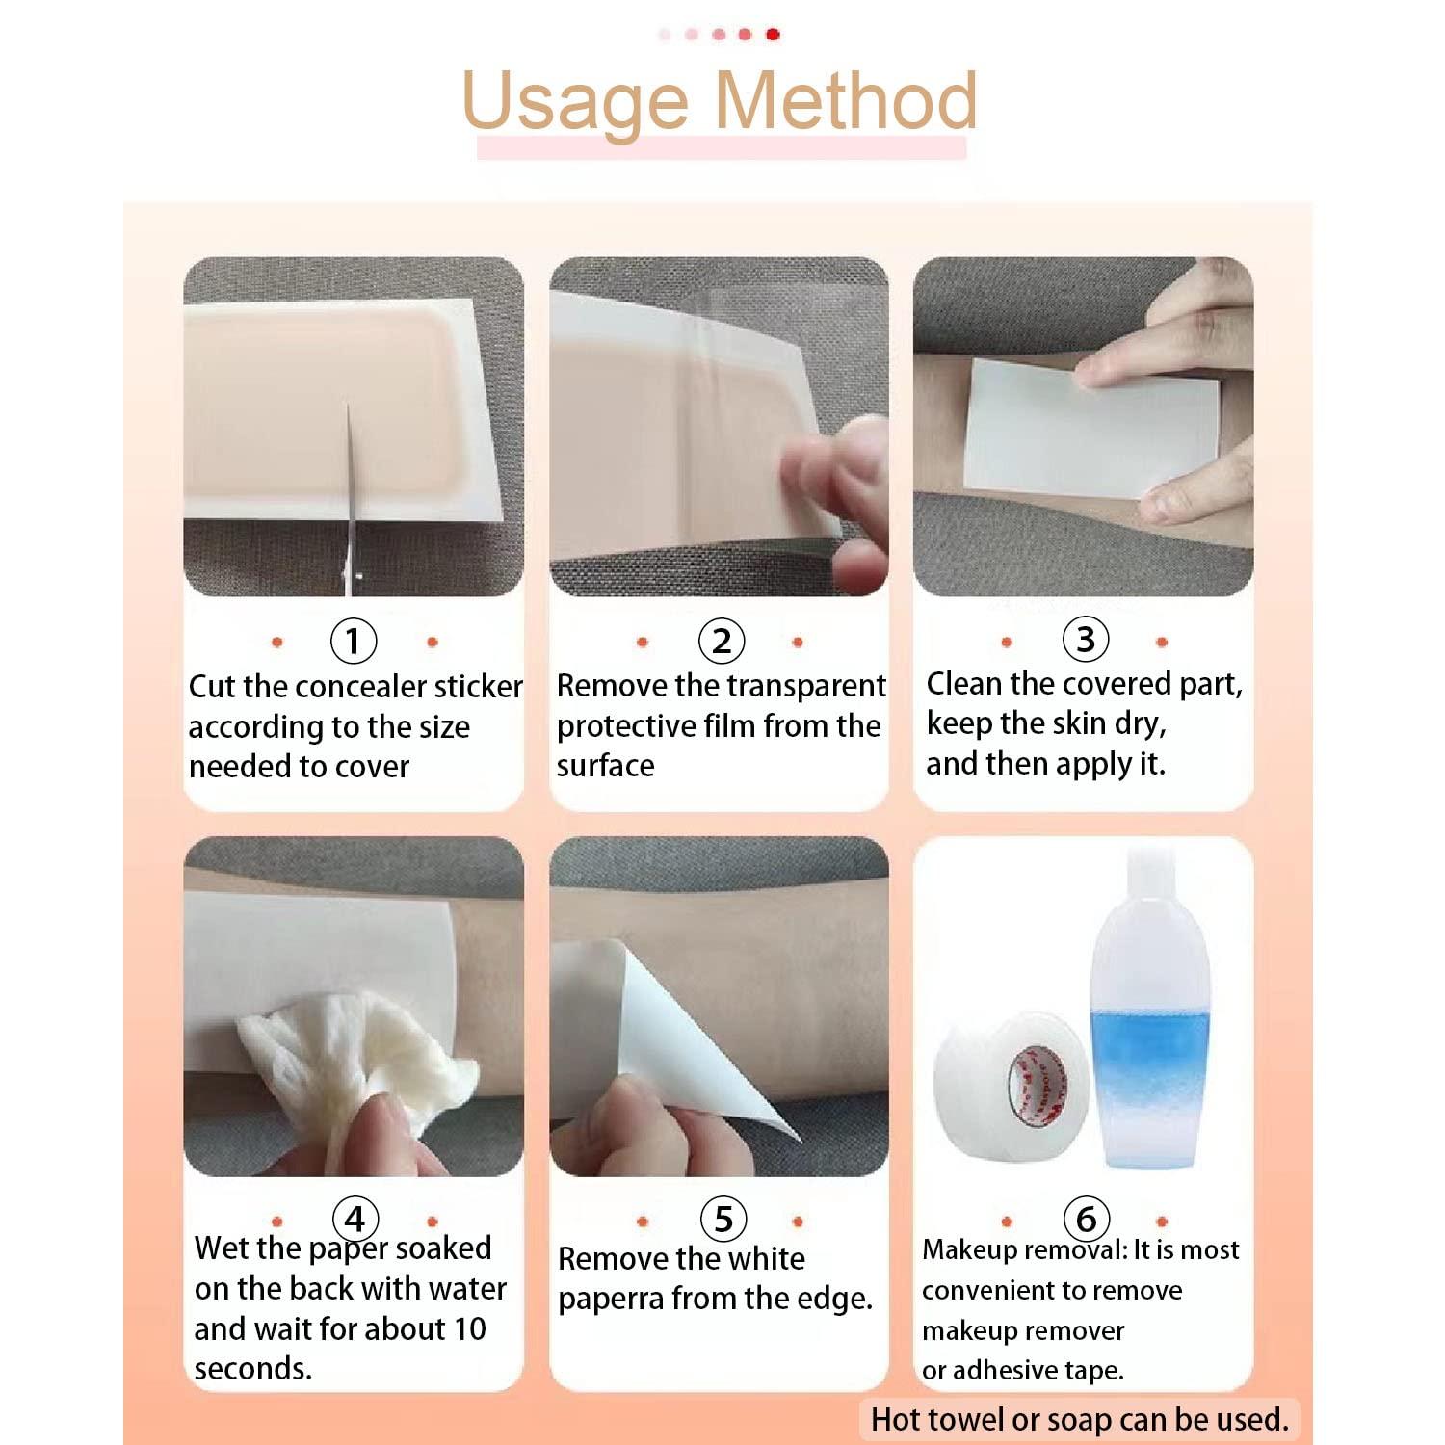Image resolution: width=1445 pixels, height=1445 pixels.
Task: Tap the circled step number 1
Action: tap(353, 641)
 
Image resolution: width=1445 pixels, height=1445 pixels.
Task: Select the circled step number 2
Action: tap(721, 641)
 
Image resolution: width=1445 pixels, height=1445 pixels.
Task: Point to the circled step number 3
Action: tap(1085, 639)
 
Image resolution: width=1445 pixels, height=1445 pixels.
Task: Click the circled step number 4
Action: tap(355, 1219)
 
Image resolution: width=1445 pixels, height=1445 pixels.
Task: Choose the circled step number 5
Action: tap(722, 1219)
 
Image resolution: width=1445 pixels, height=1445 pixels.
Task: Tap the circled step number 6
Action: tap(1086, 1219)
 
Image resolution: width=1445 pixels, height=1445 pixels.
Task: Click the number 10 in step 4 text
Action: tap(469, 1328)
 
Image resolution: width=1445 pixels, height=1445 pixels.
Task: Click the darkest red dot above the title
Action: tap(773, 35)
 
